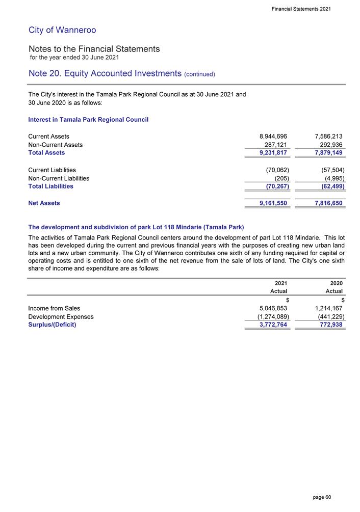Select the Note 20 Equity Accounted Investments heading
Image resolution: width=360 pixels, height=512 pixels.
[122, 74]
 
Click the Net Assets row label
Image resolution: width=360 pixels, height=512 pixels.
[44, 203]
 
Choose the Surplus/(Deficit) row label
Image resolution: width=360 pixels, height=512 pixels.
[52, 325]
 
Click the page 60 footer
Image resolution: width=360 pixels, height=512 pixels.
[322, 497]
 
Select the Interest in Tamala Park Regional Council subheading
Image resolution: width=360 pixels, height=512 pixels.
[88, 120]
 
